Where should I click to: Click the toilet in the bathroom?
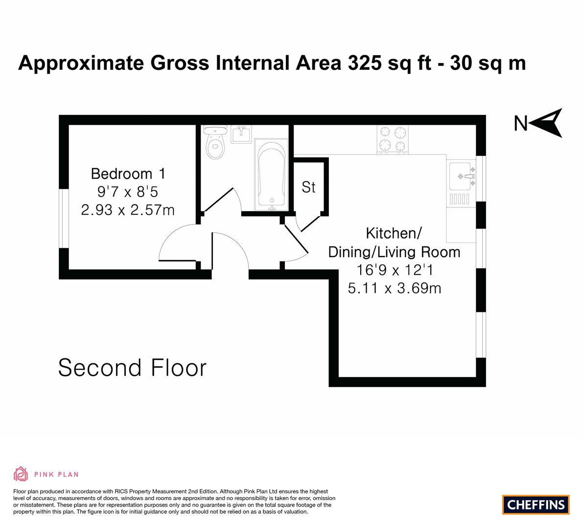click(x=215, y=142)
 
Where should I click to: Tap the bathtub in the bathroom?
click(x=271, y=175)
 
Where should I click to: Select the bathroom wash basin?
click(x=241, y=134)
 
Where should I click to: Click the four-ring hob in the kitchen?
click(x=393, y=139)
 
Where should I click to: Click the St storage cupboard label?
click(x=308, y=188)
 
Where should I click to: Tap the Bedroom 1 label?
click(x=128, y=174)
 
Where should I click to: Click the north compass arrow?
click(x=546, y=123)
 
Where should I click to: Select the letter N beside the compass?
click(x=520, y=124)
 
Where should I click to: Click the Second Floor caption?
click(x=132, y=368)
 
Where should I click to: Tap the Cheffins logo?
click(x=536, y=505)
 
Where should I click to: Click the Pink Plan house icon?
click(x=21, y=474)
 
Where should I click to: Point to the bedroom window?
click(x=64, y=219)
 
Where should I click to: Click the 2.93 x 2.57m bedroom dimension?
click(x=128, y=210)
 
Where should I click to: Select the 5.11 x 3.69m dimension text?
click(x=395, y=288)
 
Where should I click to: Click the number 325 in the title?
click(x=364, y=63)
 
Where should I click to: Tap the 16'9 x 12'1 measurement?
click(x=395, y=270)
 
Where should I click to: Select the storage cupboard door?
click(x=310, y=223)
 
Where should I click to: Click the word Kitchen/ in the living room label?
click(x=394, y=234)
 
